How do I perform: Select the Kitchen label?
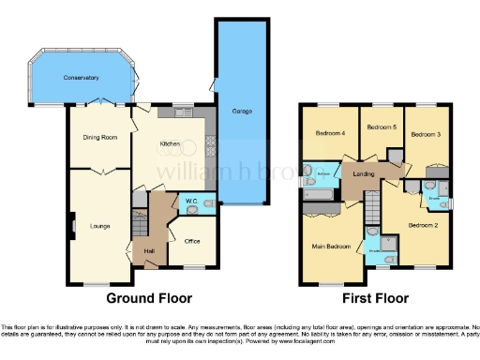170,143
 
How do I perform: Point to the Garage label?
241,112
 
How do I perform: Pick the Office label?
193,241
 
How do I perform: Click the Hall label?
148,250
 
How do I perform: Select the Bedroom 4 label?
330,132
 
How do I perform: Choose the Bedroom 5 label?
381,127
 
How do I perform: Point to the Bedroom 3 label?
427,134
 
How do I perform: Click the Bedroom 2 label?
423,225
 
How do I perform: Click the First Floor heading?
375,299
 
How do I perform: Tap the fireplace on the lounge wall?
71,224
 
